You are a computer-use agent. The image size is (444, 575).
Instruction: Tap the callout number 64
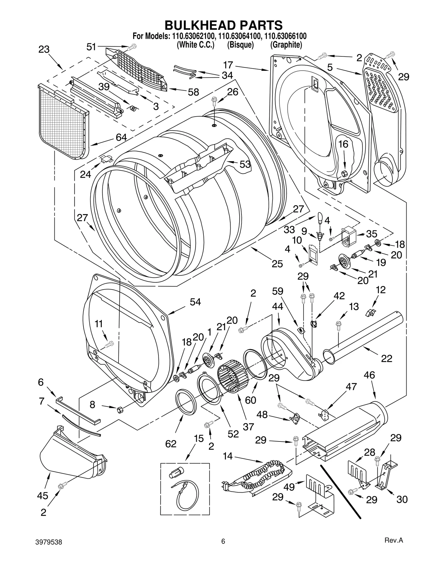point(121,137)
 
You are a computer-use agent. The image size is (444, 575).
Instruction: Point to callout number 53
point(245,164)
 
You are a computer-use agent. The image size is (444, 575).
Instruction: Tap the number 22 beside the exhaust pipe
point(387,358)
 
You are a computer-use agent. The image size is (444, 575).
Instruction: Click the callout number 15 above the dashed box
point(199,438)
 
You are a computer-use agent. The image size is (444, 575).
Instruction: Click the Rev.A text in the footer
point(393,548)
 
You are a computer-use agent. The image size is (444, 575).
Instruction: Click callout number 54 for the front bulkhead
point(195,302)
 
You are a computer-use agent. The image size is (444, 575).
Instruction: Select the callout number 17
point(228,65)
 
